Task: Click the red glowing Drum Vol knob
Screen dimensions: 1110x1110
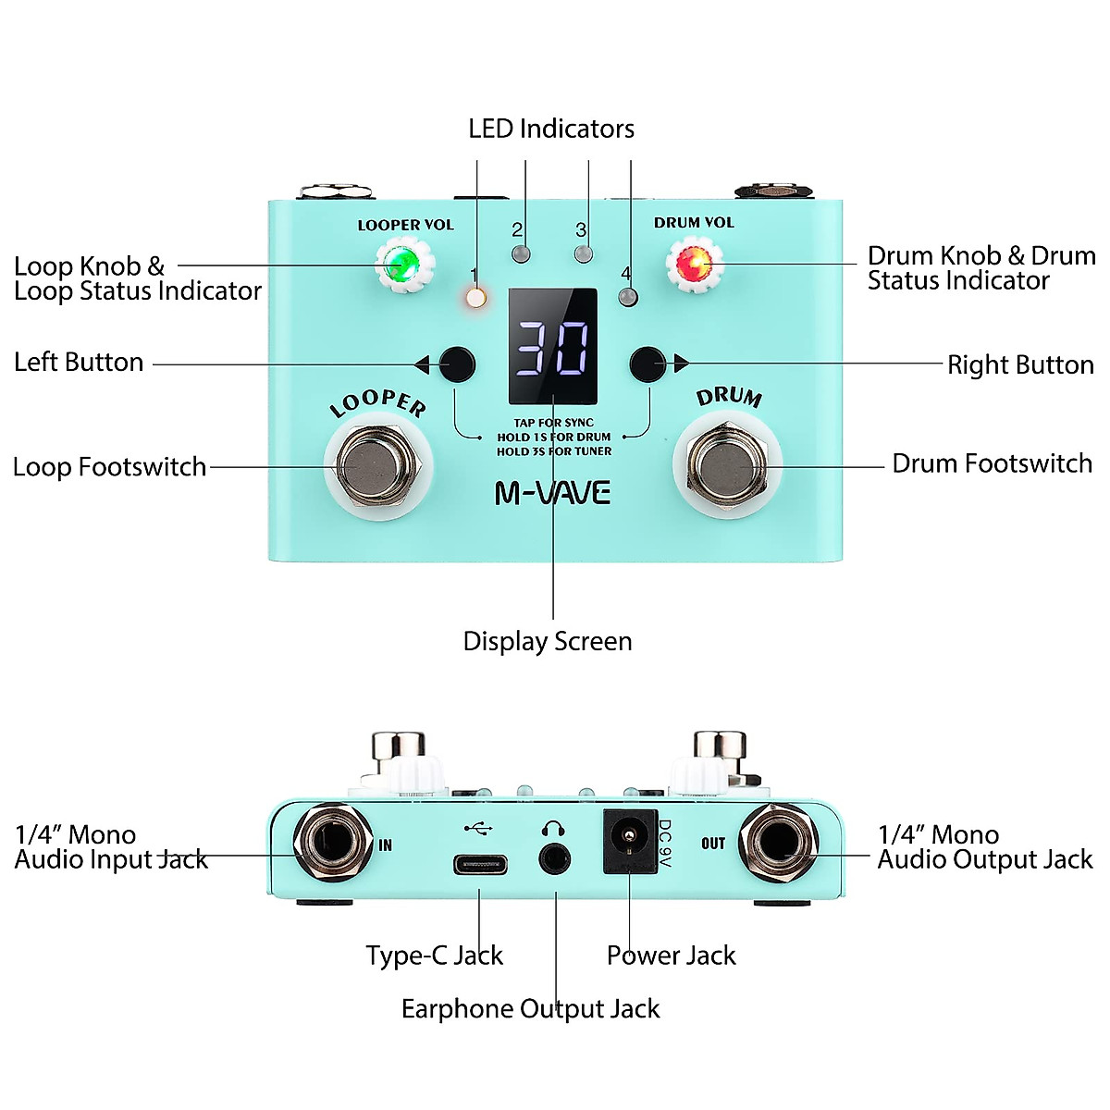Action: pyautogui.click(x=693, y=265)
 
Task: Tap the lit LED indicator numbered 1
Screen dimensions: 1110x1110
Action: pyautogui.click(x=476, y=297)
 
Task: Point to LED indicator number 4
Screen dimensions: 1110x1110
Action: pyautogui.click(x=629, y=296)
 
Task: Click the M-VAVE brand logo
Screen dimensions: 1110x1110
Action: pyautogui.click(x=552, y=493)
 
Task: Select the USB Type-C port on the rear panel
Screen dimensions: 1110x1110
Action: pyautogui.click(x=480, y=866)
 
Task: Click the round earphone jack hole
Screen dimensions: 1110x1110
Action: pyautogui.click(x=555, y=859)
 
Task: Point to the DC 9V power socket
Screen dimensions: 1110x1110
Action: pyautogui.click(x=629, y=842)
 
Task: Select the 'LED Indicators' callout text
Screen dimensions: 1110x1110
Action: pyautogui.click(x=551, y=129)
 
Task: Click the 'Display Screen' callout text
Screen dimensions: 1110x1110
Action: pyautogui.click(x=548, y=641)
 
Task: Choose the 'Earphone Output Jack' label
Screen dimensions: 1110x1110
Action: pyautogui.click(x=530, y=1008)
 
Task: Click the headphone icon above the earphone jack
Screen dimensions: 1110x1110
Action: pyautogui.click(x=554, y=827)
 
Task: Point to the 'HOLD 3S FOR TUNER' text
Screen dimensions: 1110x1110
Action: pyautogui.click(x=554, y=451)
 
